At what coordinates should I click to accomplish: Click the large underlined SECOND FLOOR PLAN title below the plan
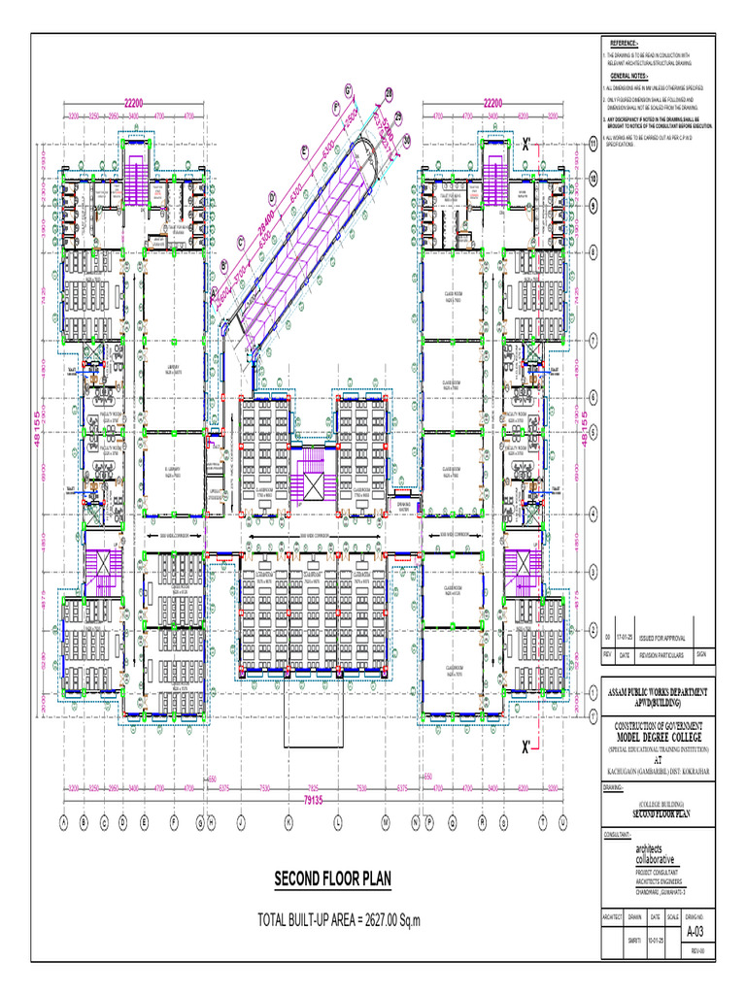pyautogui.click(x=332, y=879)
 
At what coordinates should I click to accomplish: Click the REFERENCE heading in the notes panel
pyautogui.click(x=624, y=45)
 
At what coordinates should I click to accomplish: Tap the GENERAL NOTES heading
pyautogui.click(x=628, y=75)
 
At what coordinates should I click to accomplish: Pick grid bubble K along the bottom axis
pyautogui.click(x=288, y=822)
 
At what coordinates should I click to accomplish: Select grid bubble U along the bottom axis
pyautogui.click(x=562, y=822)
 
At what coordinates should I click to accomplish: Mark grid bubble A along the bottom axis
pyautogui.click(x=63, y=822)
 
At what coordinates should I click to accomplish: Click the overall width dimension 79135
pyautogui.click(x=313, y=800)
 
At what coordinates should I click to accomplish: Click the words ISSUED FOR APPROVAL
pyautogui.click(x=663, y=638)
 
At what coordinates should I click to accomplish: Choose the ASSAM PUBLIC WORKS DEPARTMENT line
pyautogui.click(x=659, y=691)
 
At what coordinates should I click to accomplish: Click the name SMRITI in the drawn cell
pyautogui.click(x=634, y=940)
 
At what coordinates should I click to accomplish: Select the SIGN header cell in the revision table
pyautogui.click(x=700, y=656)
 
